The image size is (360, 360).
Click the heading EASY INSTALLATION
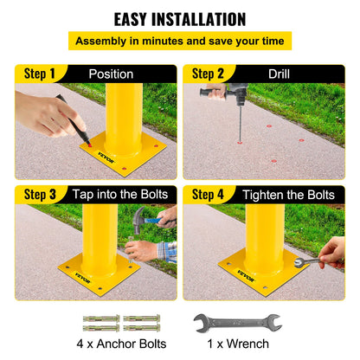pos(180,18)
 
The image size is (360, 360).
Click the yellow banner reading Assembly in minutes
pos(180,41)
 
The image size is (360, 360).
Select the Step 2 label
pos(209,74)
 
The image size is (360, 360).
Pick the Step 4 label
pos(209,194)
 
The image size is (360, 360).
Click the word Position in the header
pos(111,74)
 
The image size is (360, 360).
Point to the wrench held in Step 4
pos(308,259)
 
